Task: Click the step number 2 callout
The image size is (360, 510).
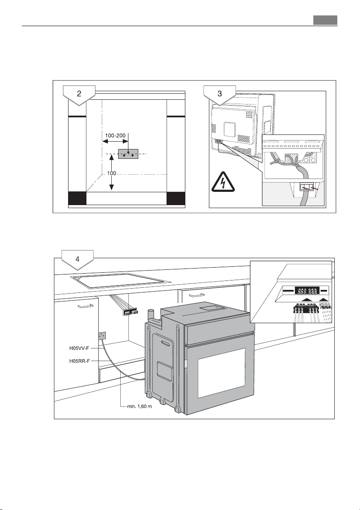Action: (x=79, y=95)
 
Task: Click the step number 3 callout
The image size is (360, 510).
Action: (x=220, y=95)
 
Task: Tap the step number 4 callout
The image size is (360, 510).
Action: (x=77, y=259)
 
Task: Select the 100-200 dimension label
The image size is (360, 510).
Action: (x=115, y=136)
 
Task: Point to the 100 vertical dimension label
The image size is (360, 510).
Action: (x=112, y=173)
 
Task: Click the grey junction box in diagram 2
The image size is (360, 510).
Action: (x=128, y=154)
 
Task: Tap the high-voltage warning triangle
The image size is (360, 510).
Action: (x=223, y=182)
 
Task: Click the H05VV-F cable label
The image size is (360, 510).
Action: (x=79, y=348)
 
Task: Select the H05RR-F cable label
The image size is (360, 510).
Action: (x=79, y=361)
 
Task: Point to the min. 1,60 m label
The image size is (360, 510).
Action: (x=139, y=406)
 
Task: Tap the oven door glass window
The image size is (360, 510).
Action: (x=222, y=373)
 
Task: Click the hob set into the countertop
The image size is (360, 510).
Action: (x=121, y=280)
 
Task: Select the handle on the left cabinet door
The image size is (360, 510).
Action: (x=85, y=306)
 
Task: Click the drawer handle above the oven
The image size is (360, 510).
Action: (x=196, y=295)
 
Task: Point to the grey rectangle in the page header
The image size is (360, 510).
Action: (x=325, y=20)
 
